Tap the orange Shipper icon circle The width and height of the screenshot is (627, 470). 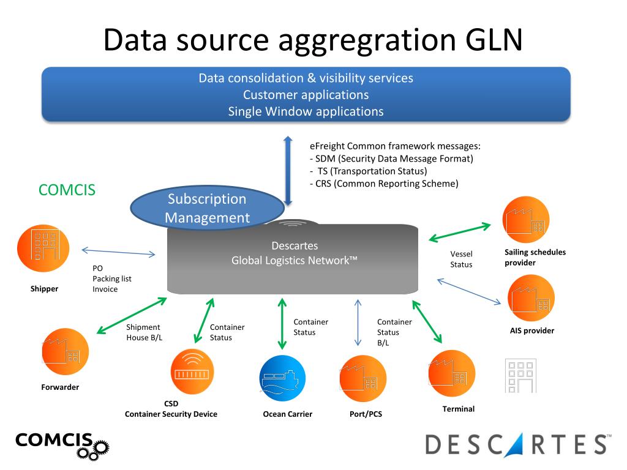(x=43, y=248)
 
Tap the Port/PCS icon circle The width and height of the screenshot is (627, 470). (x=362, y=378)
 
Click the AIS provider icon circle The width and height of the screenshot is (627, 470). (x=530, y=298)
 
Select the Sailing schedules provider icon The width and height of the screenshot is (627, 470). (x=525, y=220)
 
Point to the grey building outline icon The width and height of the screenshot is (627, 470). (x=520, y=375)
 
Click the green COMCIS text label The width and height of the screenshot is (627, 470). (x=67, y=190)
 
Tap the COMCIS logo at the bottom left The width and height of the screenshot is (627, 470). (x=62, y=444)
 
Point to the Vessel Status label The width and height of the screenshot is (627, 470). (x=461, y=259)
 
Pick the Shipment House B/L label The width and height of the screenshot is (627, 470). (x=145, y=332)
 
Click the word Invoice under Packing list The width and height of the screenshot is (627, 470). (x=105, y=289)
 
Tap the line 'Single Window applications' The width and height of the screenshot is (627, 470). (x=306, y=111)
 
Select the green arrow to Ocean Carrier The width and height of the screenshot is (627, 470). (x=282, y=323)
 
